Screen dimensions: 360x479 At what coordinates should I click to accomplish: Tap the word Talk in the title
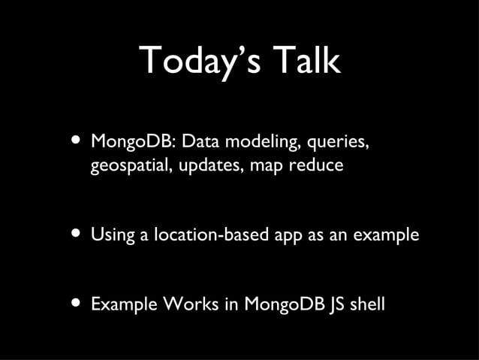(x=306, y=61)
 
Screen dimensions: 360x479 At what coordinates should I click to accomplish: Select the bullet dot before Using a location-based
(x=75, y=234)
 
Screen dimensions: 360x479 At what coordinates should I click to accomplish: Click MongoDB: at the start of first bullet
(x=132, y=142)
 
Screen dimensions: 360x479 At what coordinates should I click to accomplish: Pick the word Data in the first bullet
(x=197, y=142)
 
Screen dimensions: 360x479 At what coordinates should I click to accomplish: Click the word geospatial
(x=131, y=165)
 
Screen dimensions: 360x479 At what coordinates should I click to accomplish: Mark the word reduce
(x=315, y=165)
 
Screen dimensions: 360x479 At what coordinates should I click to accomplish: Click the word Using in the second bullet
(x=113, y=235)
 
